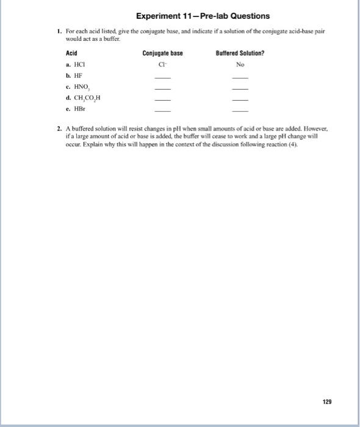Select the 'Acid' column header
click(71, 54)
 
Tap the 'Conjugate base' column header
click(162, 54)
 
